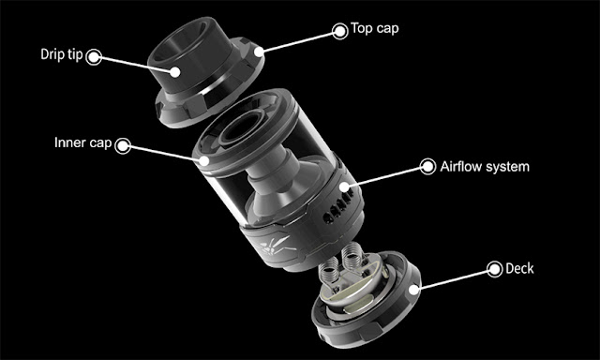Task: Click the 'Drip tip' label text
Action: tap(62, 54)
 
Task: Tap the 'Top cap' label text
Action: tap(375, 28)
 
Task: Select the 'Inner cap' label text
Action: tap(83, 142)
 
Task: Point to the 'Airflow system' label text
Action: tap(485, 167)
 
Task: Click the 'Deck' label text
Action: tap(519, 268)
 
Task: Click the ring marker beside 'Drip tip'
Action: tap(94, 57)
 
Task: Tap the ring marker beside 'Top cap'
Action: tap(339, 31)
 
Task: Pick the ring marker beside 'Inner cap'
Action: tap(123, 145)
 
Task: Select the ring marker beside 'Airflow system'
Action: tap(427, 167)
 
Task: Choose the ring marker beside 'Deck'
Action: tap(494, 269)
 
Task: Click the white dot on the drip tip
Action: tap(175, 72)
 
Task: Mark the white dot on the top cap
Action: tap(259, 52)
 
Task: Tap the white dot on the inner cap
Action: tap(204, 160)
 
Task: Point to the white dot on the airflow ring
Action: tap(344, 187)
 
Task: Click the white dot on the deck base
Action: tap(413, 290)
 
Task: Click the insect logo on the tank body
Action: tap(277, 246)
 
